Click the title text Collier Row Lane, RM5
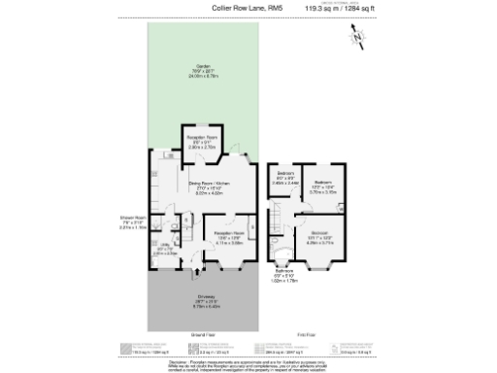pos(242,9)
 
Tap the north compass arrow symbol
pos(357,38)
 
